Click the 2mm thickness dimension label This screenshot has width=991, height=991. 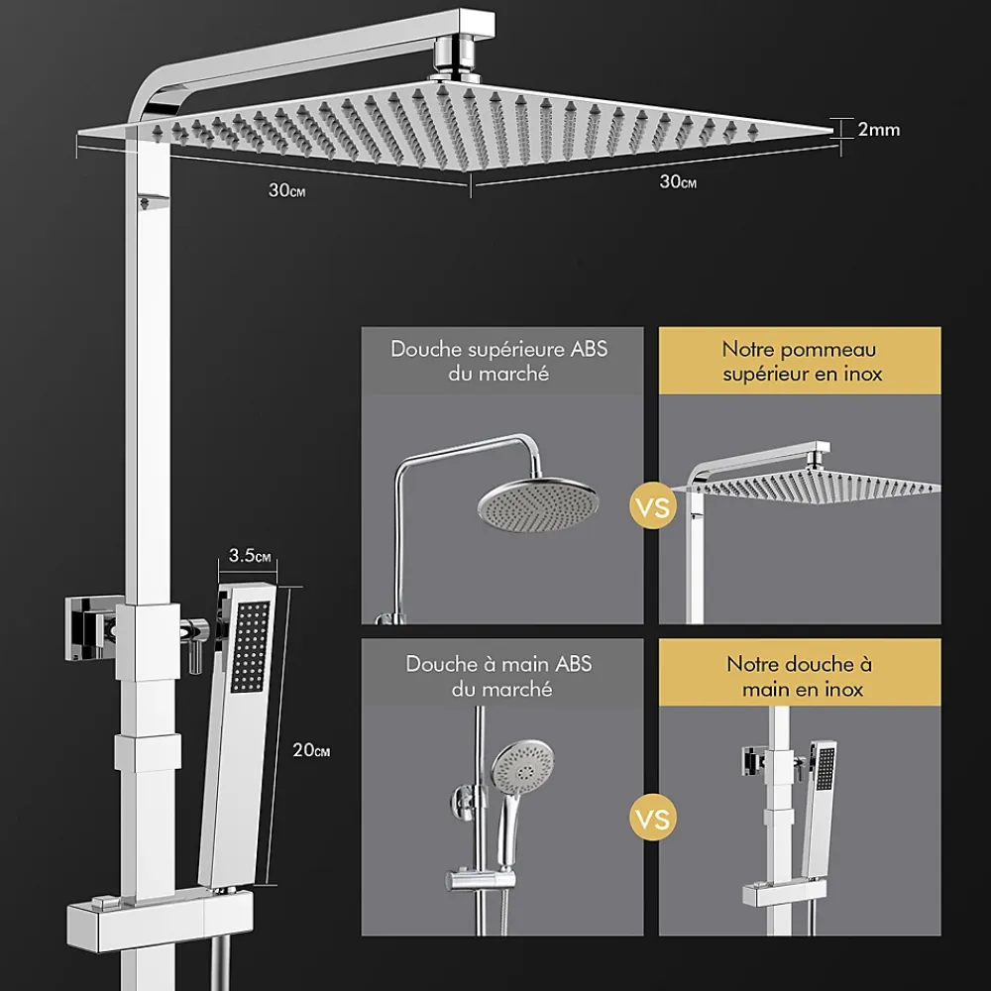click(878, 130)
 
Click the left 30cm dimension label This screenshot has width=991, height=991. click(287, 190)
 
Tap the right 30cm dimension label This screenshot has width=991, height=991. click(678, 182)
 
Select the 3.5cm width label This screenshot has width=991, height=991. click(250, 556)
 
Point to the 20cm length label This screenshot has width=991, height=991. click(311, 750)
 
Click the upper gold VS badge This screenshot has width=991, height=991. click(653, 506)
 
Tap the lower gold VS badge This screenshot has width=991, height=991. click(653, 820)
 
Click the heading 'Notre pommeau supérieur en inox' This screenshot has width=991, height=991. click(801, 362)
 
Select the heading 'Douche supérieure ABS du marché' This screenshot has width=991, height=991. click(499, 362)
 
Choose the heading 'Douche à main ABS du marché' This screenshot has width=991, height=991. click(499, 676)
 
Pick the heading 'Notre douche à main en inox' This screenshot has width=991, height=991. click(801, 676)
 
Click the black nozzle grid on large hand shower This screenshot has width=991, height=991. click(251, 646)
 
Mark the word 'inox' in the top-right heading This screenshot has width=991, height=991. click(863, 375)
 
